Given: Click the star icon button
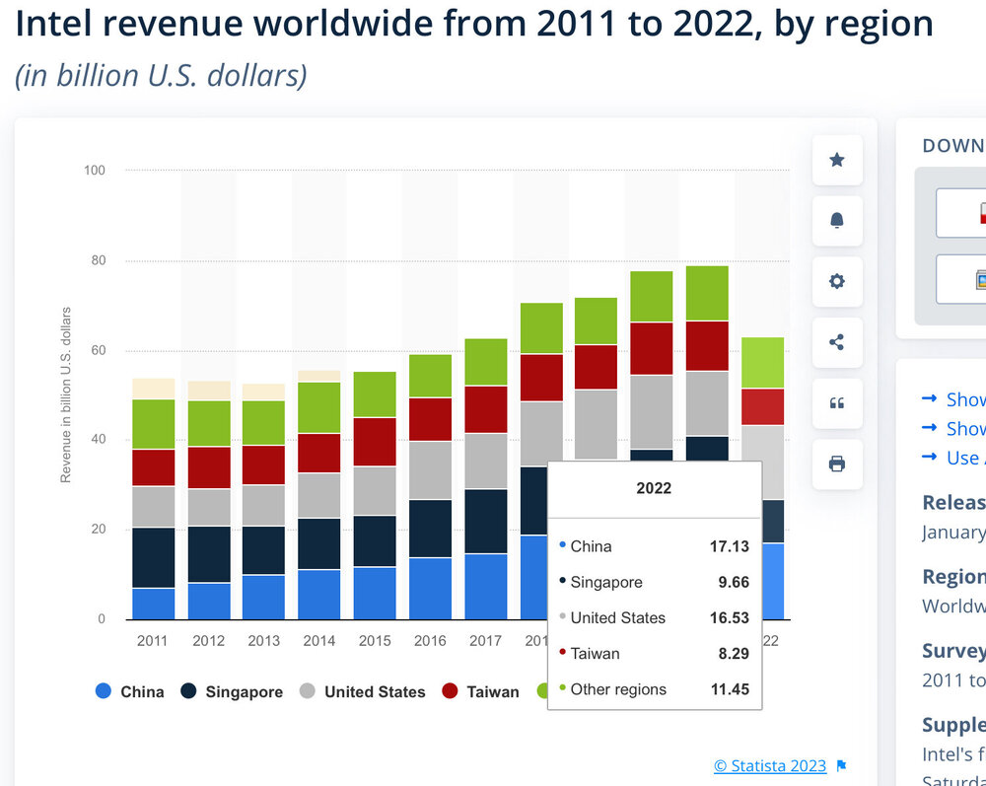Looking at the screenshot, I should pyautogui.click(x=837, y=160).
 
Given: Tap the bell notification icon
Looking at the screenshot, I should pyautogui.click(x=837, y=220).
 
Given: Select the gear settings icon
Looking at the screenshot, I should pyautogui.click(x=837, y=281).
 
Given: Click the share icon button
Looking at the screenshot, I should pyautogui.click(x=837, y=342).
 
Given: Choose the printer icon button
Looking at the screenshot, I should pyautogui.click(x=837, y=464).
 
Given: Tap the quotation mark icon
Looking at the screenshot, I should pyautogui.click(x=837, y=402).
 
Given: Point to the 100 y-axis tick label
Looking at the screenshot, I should pyautogui.click(x=94, y=171).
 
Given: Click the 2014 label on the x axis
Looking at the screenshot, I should pyautogui.click(x=319, y=641).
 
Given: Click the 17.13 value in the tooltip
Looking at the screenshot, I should pyautogui.click(x=729, y=546).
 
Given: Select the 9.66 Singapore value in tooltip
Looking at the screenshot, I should pyautogui.click(x=733, y=582).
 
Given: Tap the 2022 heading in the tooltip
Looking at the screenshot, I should pyautogui.click(x=654, y=488).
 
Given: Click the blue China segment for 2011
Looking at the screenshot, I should pyautogui.click(x=154, y=604).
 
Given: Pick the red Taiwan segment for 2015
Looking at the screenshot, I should pyautogui.click(x=375, y=442).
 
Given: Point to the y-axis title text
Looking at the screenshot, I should pyautogui.click(x=66, y=394).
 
